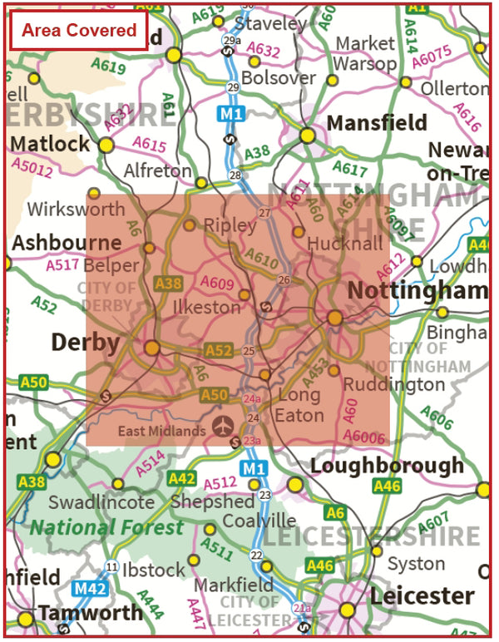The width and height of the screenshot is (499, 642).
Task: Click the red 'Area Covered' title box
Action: pyautogui.click(x=79, y=31)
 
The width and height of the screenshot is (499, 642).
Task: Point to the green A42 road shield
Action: pyautogui.click(x=182, y=478)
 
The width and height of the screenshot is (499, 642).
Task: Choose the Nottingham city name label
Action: pyautogui.click(x=417, y=291)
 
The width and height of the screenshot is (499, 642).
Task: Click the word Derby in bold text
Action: pyautogui.click(x=86, y=342)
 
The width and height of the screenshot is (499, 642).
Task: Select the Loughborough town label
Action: pyautogui.click(x=387, y=466)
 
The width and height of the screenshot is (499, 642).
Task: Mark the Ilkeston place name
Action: pyautogui.click(x=206, y=307)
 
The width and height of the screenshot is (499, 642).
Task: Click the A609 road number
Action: pyautogui.click(x=218, y=284)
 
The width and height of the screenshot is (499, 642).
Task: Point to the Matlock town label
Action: pyautogui.click(x=50, y=144)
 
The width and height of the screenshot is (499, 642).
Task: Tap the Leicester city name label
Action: pyautogui.click(x=422, y=595)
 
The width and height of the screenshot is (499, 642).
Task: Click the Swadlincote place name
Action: pyautogui.click(x=101, y=502)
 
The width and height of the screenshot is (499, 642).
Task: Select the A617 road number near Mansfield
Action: pyautogui.click(x=349, y=170)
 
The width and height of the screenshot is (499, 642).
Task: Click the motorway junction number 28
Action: pyautogui.click(x=235, y=175)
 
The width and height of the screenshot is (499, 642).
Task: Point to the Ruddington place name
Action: pyautogui.click(x=394, y=385)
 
